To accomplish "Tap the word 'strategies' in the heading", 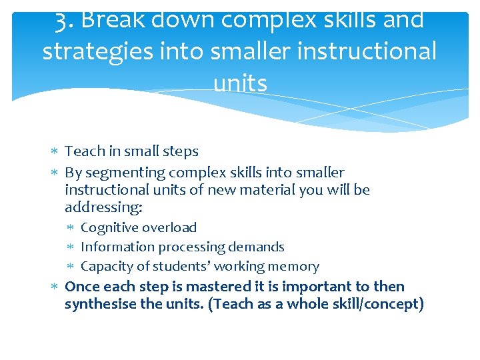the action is [97, 52].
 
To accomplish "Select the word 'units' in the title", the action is [240, 83].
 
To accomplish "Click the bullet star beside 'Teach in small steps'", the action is [55, 151].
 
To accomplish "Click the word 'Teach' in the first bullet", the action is [85, 151].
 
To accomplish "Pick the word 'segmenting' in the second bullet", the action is [125, 173].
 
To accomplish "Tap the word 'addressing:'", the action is [104, 207].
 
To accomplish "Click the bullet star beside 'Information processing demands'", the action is [71, 247].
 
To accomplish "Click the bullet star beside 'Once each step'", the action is [55, 287].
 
